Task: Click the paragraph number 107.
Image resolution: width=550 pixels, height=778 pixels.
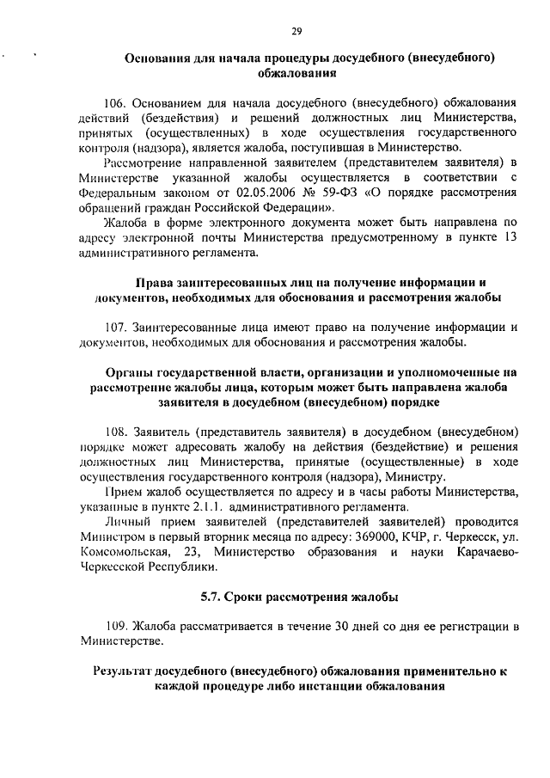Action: tap(118, 327)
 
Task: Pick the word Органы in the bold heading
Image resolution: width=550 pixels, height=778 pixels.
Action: tap(127, 371)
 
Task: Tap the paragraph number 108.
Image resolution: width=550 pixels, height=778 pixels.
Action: tap(118, 430)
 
